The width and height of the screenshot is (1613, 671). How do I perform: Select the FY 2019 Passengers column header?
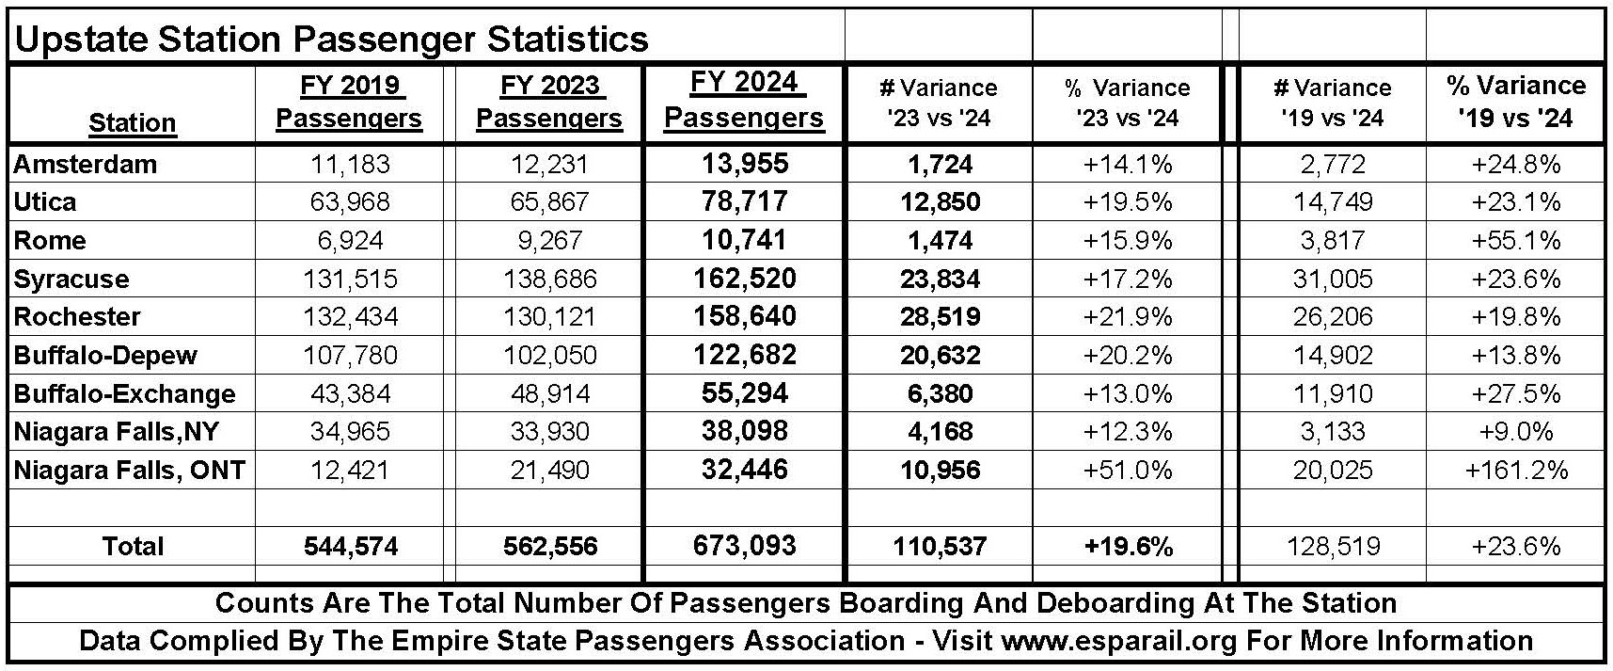pos(349,103)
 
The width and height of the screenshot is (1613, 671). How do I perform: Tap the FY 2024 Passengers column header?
pos(744,101)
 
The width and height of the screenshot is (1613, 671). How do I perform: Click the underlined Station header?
pos(133,123)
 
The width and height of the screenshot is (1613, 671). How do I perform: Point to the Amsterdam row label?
pos(86,165)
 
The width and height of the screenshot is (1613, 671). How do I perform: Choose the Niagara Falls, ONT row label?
pos(130,470)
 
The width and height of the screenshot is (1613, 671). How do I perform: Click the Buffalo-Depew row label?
pos(105,356)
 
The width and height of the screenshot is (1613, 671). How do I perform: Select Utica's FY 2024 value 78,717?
pos(744,202)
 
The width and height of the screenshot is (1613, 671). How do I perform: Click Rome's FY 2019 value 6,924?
pos(351,241)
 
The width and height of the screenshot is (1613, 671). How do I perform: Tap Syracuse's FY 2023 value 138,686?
pos(549,280)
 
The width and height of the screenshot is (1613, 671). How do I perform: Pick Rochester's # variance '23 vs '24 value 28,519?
pos(940,317)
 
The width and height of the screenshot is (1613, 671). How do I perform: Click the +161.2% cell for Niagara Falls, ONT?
pos(1516,471)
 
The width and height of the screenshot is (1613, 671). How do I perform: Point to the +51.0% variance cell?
pos(1128,471)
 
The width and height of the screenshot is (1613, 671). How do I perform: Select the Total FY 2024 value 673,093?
pos(744,547)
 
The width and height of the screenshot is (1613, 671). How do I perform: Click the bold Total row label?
pos(133,547)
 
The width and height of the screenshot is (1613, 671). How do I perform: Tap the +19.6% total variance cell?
pos(1128,547)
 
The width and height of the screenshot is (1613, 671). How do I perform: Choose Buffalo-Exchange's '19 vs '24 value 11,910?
pos(1333,394)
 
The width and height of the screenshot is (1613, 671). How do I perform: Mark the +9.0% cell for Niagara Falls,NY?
pos(1516,432)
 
